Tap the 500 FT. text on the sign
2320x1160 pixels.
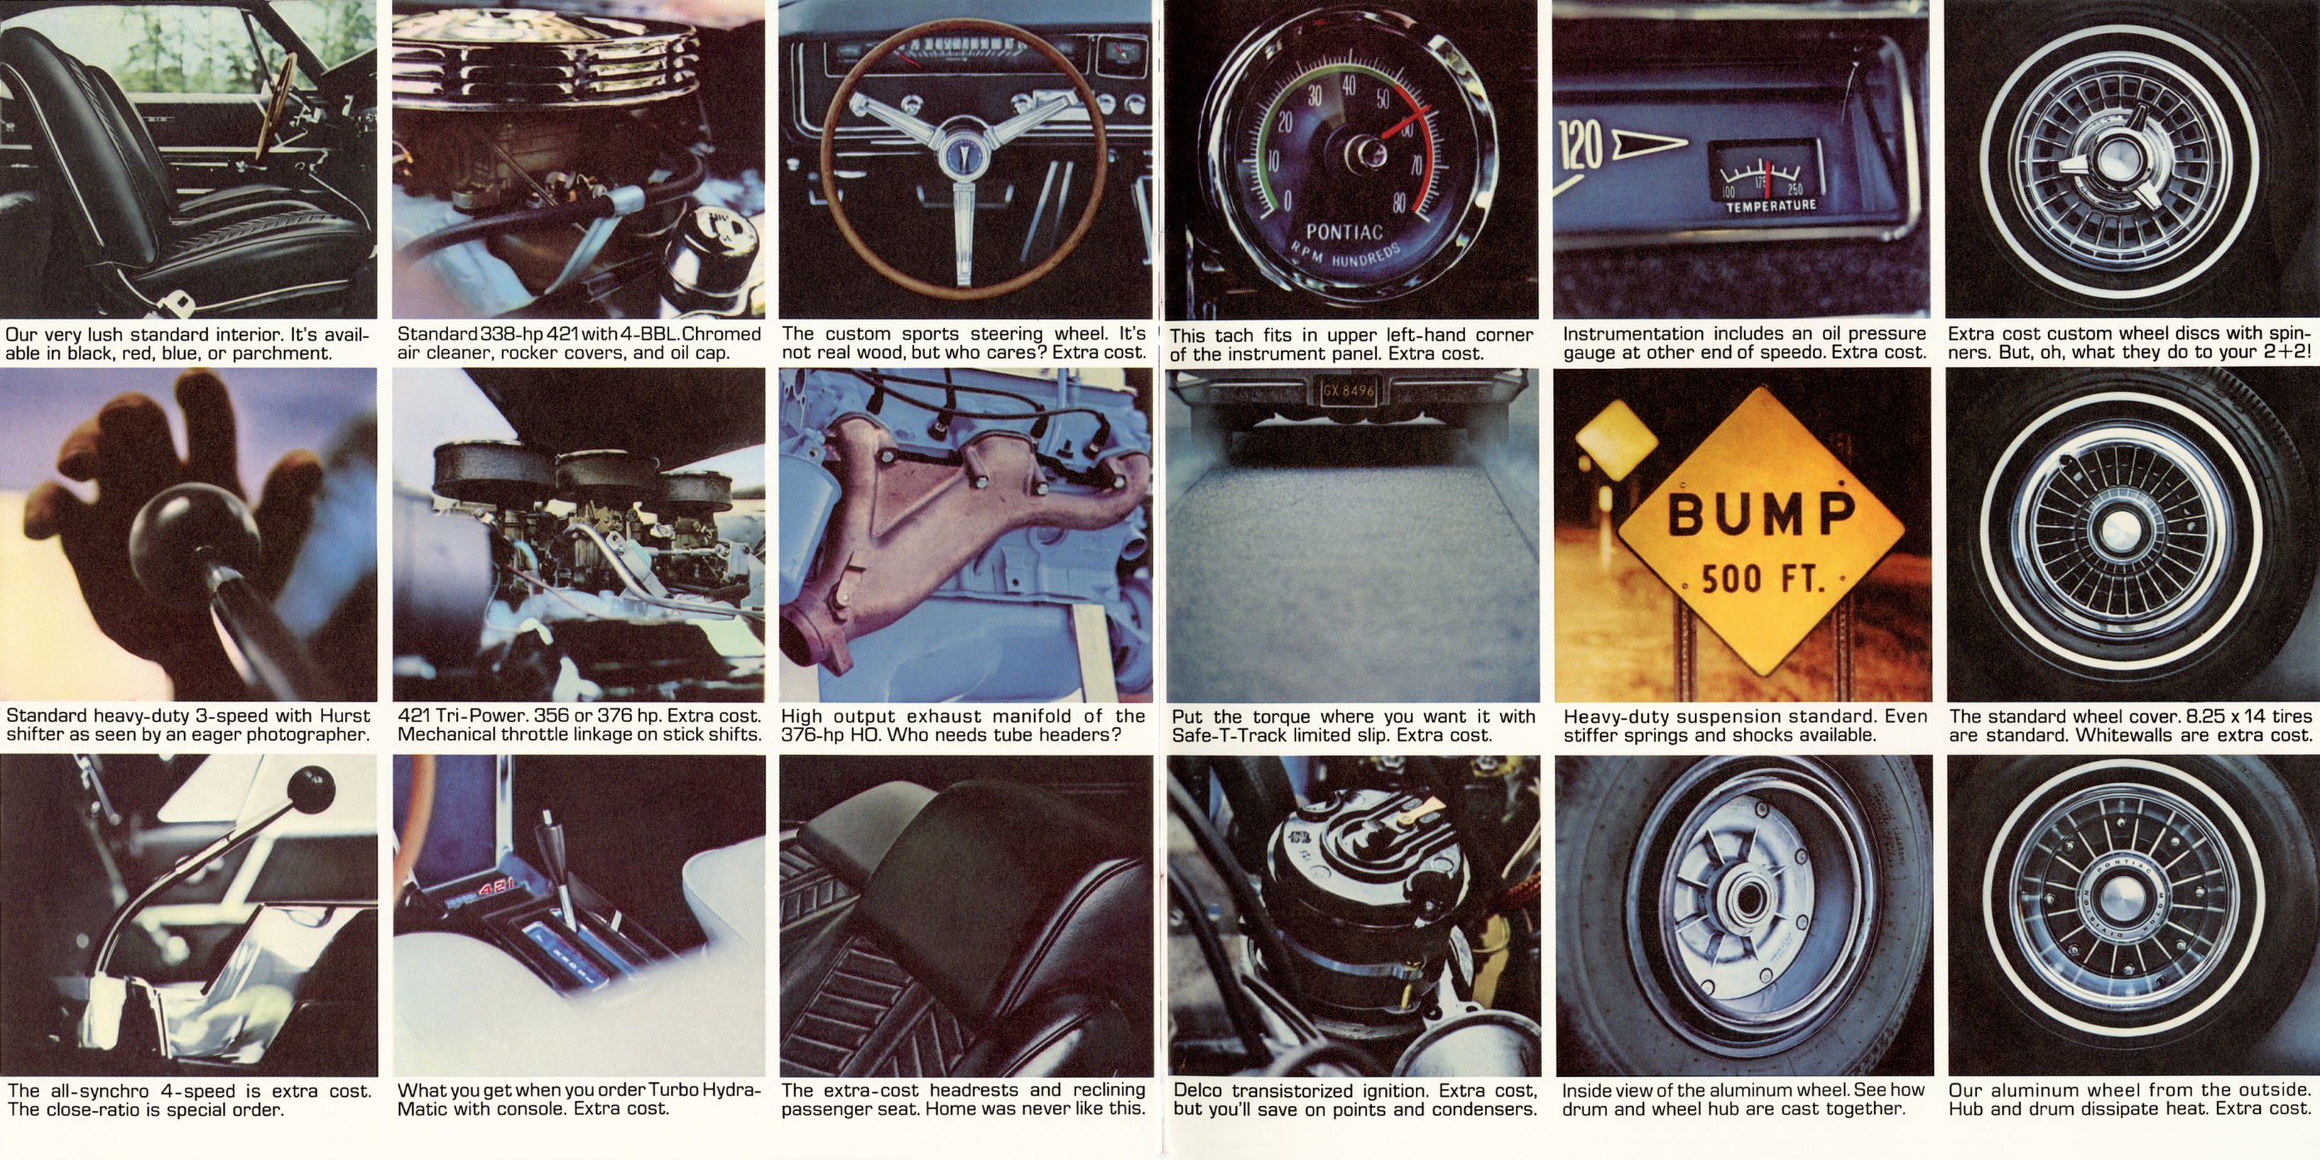click(x=1762, y=579)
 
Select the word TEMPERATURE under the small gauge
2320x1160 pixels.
click(x=1770, y=206)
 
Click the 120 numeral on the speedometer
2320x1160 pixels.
click(x=1583, y=145)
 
